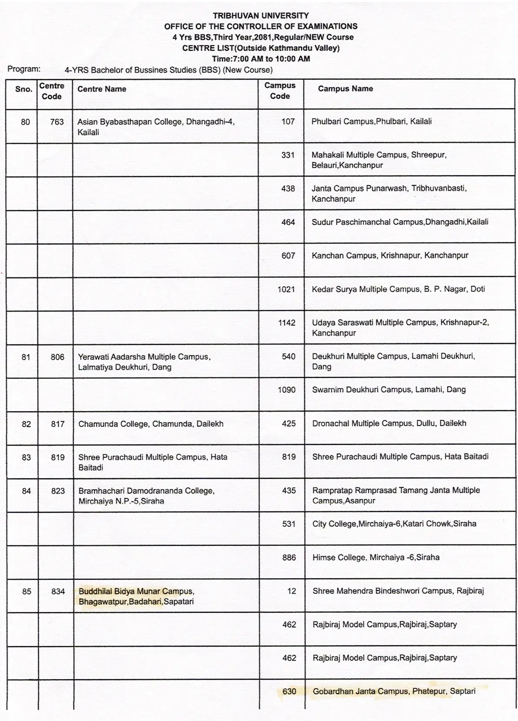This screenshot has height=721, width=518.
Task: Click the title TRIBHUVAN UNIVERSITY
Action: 261,16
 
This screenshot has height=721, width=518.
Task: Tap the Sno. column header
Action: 23,89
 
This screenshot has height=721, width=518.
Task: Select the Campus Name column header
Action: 345,89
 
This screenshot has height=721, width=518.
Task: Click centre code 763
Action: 57,122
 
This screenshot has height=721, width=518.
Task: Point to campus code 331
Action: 288,155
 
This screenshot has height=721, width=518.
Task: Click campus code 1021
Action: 286,289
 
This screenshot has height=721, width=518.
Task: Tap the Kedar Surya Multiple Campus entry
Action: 398,289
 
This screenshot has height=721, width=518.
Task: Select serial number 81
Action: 26,357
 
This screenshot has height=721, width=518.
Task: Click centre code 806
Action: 57,357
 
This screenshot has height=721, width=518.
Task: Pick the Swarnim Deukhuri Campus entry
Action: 388,390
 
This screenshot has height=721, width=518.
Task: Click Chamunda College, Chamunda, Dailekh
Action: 150,424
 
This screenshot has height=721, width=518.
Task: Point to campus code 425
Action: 289,424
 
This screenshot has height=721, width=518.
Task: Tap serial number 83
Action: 26,457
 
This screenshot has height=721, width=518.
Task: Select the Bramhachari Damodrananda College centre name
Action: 146,496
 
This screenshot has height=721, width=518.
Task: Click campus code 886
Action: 289,557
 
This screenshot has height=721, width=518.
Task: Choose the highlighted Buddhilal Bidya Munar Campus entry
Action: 136,597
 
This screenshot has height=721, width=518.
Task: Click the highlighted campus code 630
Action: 289,691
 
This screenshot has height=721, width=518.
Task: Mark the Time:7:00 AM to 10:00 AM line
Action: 261,59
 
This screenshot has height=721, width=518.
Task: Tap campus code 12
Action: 292,591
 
